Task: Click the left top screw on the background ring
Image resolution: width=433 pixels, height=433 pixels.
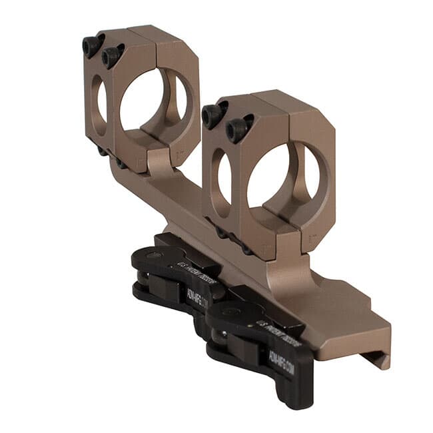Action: click(x=92, y=45)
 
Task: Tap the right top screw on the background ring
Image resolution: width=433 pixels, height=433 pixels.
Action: click(x=112, y=55)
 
